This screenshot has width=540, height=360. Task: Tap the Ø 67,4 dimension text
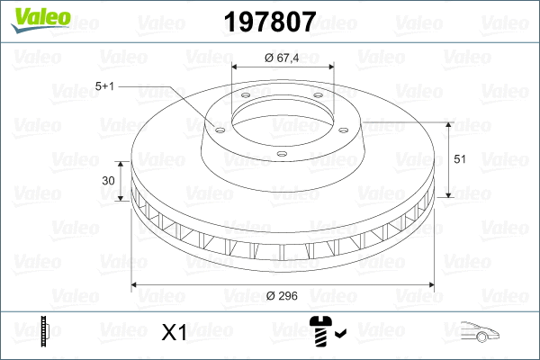point(282,58)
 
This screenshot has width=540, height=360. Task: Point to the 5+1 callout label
point(104,86)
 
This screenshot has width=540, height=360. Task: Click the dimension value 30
point(109,181)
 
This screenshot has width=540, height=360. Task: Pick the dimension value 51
point(459,159)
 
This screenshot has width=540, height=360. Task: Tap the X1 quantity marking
point(173,333)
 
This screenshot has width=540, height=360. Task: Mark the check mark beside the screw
point(339,336)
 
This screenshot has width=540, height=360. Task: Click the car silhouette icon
point(477,332)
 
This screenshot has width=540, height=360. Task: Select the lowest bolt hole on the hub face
point(280,154)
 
